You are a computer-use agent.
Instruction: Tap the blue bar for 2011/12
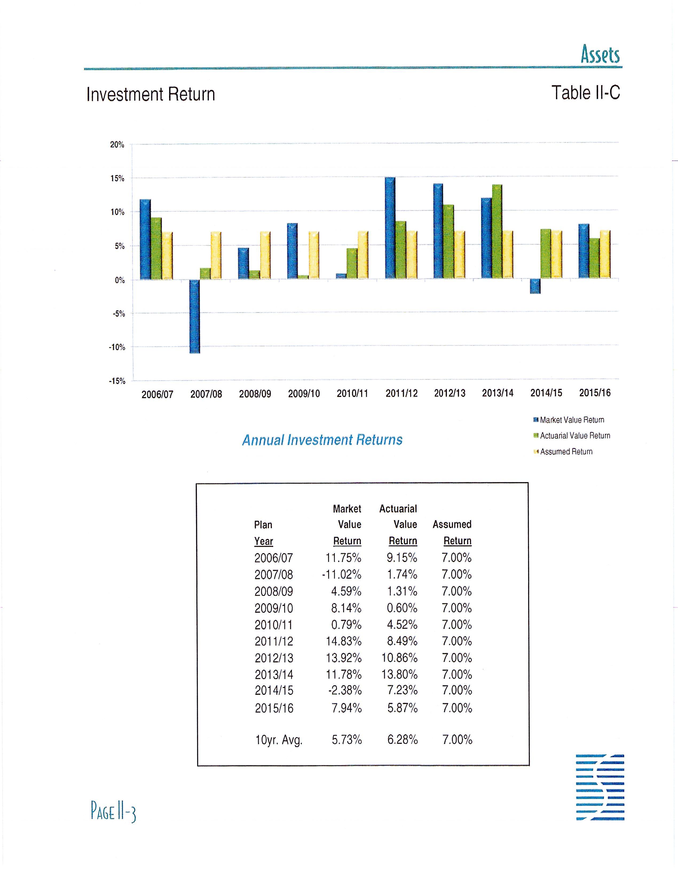[x=390, y=228]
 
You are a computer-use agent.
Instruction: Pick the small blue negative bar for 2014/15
[x=535, y=286]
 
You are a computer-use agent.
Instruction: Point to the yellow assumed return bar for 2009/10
[x=314, y=255]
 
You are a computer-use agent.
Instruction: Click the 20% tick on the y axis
[x=117, y=145]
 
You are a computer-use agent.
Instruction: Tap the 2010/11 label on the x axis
[x=352, y=393]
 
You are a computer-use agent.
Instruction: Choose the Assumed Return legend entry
[x=566, y=452]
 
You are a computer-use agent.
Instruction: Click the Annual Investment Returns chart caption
[x=322, y=440]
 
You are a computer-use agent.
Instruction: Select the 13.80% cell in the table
[x=399, y=674]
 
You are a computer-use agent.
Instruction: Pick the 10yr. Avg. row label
[x=279, y=740]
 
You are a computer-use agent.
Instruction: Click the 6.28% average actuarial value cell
[x=403, y=740]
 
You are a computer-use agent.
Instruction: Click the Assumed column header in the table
[x=452, y=525]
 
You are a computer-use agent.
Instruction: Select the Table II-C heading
[x=585, y=93]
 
